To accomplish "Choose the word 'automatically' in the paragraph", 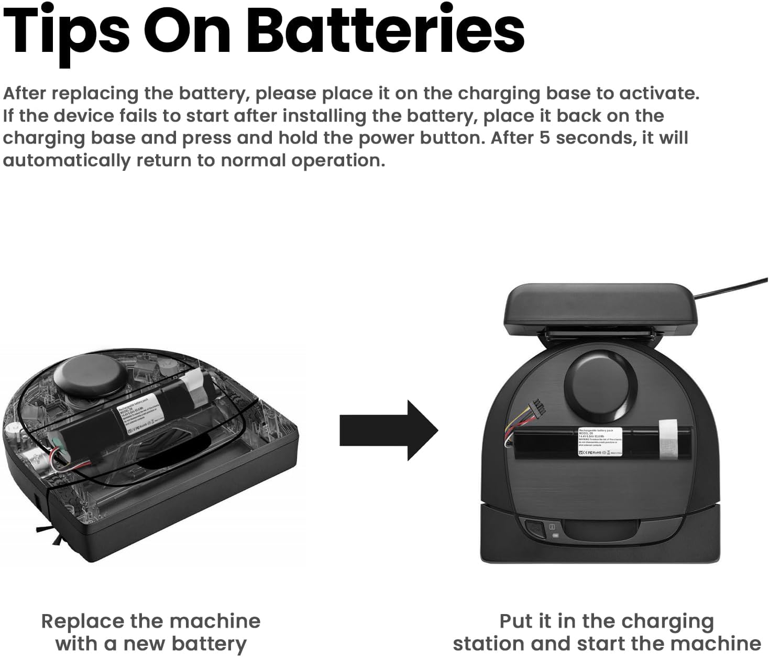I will click(66, 160).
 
